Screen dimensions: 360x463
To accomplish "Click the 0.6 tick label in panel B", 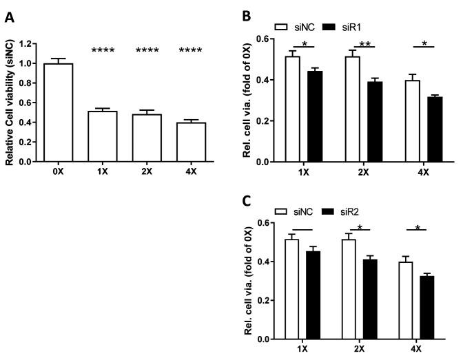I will point(262,39).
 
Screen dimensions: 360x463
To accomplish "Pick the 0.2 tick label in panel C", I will point(262,300).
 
